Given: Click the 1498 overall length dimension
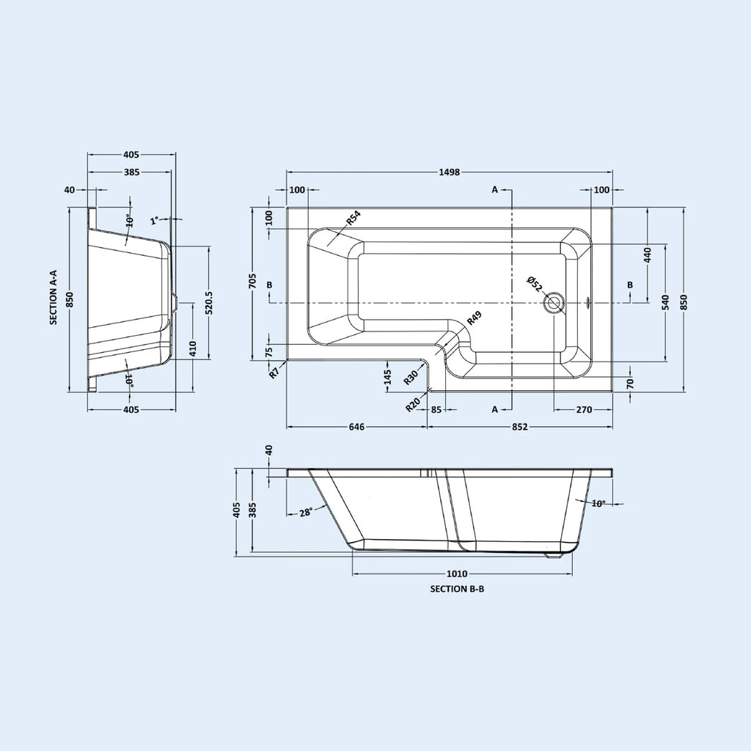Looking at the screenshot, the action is (x=450, y=172).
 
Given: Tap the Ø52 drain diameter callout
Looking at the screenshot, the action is (x=534, y=284).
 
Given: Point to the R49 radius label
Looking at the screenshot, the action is (x=474, y=318).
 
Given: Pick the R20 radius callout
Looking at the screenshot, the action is (x=413, y=405).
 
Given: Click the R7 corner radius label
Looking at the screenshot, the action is (x=274, y=373).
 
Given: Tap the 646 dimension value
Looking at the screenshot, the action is (x=357, y=427).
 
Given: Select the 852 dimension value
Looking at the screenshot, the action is (x=520, y=427).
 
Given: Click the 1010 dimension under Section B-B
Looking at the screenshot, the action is (x=457, y=574).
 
